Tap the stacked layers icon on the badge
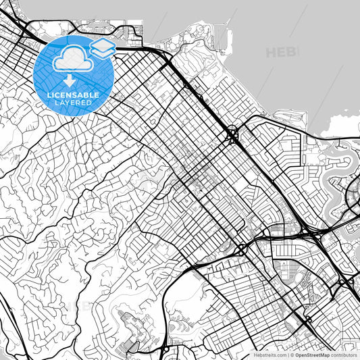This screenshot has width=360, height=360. point(101,48)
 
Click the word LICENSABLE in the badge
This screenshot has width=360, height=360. point(73,95)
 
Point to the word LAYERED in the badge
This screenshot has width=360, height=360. point(73,103)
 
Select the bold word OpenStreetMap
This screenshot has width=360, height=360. point(312,354)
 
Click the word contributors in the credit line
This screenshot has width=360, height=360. point(342,354)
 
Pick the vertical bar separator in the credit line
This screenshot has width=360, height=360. point(287,354)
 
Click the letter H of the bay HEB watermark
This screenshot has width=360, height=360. point(272,52)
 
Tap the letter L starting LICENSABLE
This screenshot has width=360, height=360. point(49,95)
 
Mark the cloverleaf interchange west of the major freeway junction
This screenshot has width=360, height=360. point(240,249)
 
